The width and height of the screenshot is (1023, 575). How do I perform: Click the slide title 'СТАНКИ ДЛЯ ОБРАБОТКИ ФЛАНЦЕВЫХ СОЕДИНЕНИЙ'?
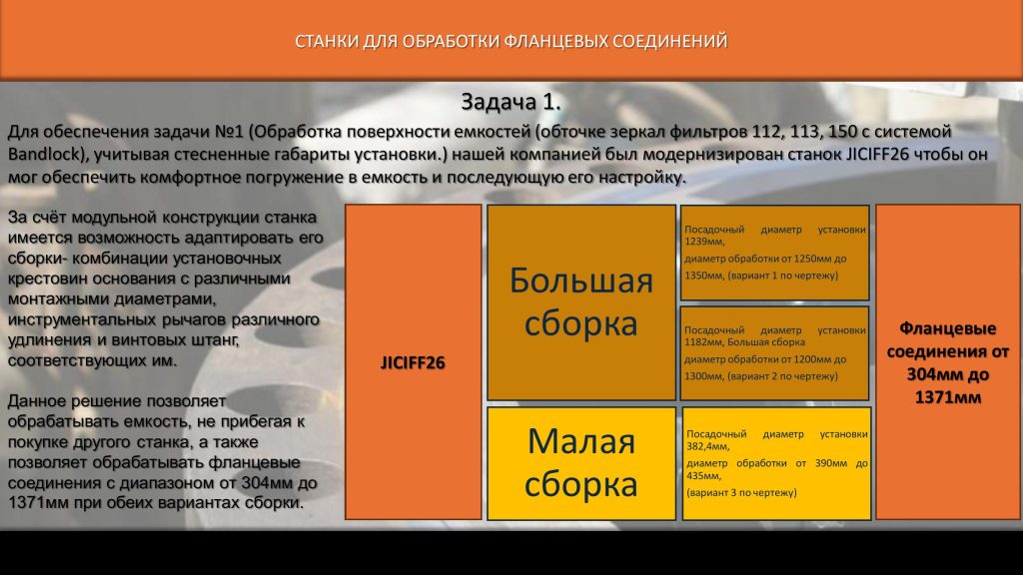(x=511, y=41)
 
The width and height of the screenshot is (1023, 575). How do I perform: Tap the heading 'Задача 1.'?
(x=511, y=102)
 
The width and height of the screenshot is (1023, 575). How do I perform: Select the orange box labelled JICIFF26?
(x=413, y=361)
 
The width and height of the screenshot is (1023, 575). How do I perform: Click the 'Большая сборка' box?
(x=581, y=301)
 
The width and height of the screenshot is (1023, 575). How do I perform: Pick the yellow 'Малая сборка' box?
(x=581, y=463)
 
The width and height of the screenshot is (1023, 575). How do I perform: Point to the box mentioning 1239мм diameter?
(x=775, y=253)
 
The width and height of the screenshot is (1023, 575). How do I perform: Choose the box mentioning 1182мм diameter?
(x=775, y=352)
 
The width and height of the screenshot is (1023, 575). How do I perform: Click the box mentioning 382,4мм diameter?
(x=776, y=463)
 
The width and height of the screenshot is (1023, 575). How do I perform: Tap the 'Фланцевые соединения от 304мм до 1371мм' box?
(x=948, y=361)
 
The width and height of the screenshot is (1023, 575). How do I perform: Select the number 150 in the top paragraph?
(x=843, y=132)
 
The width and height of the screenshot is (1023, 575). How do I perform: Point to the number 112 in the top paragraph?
(x=766, y=132)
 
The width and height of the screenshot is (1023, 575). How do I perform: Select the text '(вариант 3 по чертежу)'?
(x=742, y=493)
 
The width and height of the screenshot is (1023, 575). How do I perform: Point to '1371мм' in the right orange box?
(x=948, y=397)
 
